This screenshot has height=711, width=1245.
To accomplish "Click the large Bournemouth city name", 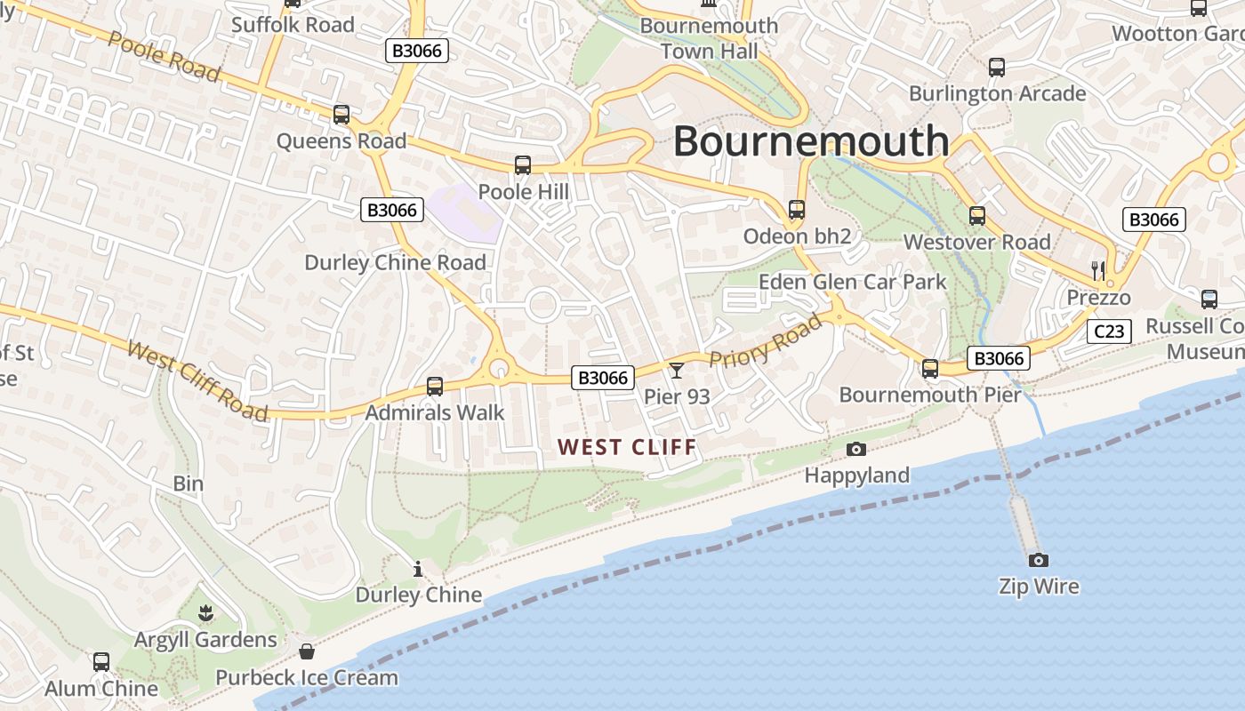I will point(811,141).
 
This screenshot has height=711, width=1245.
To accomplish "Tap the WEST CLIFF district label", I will point(627,447).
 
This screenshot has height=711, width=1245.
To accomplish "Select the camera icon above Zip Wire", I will point(1038,560).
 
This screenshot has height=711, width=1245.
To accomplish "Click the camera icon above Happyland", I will point(856,449).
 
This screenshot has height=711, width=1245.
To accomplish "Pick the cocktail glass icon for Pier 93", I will point(677,371).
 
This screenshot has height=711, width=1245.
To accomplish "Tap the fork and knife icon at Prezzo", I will point(1098,270).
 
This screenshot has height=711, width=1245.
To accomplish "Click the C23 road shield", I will point(1109,332).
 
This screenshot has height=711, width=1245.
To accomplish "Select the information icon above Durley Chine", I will point(418,569).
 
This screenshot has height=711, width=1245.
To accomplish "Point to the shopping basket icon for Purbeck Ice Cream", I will point(307,651).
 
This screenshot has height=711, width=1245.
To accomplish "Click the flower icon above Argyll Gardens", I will point(205,612).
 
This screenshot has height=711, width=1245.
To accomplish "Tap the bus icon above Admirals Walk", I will point(435,387).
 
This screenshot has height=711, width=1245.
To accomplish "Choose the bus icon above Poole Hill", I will point(523,165).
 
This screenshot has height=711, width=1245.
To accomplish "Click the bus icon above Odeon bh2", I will point(797,210).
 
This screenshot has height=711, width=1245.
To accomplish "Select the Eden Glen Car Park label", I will point(852,283).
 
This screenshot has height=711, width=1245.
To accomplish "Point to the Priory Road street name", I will point(766,341).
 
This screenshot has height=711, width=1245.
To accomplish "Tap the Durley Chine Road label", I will point(395,262).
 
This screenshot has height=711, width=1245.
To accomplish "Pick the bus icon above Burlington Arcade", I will point(997,68).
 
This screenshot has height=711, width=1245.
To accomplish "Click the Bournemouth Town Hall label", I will point(709,38).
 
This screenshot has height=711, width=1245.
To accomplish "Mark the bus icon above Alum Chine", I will point(101,662).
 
